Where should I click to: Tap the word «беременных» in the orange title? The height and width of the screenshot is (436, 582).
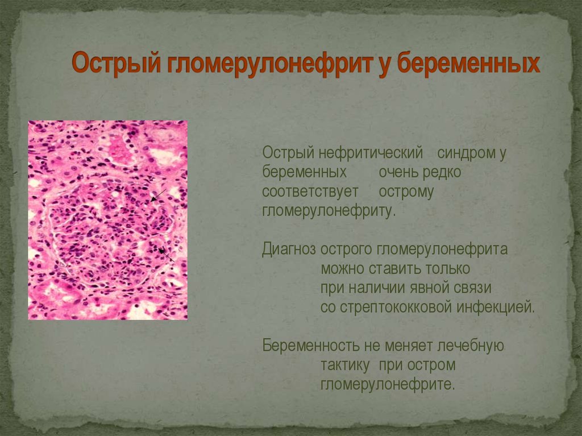click(468, 64)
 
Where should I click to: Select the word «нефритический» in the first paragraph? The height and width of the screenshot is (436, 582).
click(371, 153)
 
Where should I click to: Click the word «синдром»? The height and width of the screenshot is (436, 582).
click(466, 153)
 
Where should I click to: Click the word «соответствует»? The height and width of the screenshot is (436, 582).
click(310, 192)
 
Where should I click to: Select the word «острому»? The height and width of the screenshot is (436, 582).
click(406, 192)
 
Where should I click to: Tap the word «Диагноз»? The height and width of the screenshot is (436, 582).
click(289, 249)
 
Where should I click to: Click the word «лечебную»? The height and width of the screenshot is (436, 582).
click(471, 346)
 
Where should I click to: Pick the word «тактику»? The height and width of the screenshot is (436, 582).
click(345, 365)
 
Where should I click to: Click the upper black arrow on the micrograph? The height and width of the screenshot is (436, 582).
click(158, 196)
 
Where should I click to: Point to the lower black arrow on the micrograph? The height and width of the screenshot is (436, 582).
click(167, 255)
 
